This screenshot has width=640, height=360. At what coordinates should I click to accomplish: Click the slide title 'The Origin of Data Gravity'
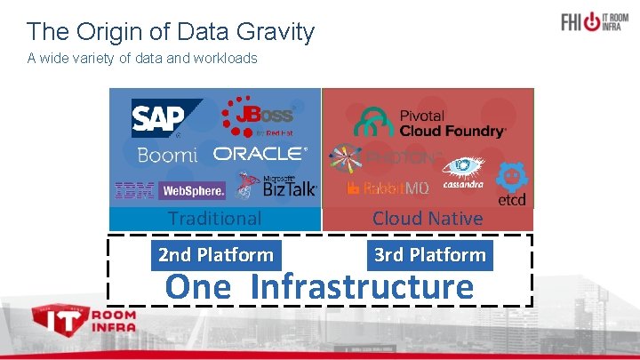point(171,33)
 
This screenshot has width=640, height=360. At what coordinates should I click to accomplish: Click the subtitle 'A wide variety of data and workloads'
point(142,59)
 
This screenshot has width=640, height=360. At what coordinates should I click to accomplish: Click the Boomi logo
point(167,155)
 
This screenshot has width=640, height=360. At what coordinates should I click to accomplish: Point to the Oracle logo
point(260,154)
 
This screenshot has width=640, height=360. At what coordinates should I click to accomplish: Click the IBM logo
point(134,189)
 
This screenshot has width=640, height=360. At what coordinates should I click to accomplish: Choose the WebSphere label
point(192,190)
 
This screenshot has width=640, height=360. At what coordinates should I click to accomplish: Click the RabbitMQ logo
point(388,188)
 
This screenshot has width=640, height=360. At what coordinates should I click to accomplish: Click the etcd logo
point(512,185)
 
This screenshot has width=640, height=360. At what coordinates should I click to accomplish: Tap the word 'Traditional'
point(214,218)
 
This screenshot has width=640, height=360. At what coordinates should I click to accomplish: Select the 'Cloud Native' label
point(428,218)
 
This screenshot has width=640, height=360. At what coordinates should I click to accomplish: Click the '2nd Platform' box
point(216,255)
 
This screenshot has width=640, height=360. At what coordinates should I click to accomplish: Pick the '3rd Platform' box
point(430,255)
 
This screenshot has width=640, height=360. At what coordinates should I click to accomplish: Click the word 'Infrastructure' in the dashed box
point(362,287)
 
